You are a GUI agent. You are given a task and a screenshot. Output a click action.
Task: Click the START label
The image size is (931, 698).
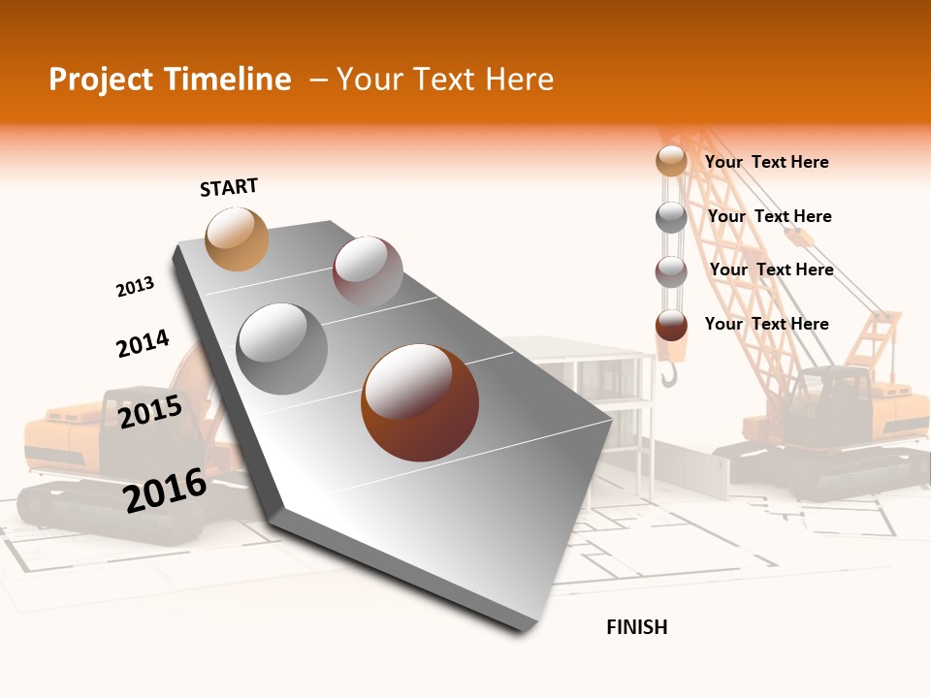pos(229,187)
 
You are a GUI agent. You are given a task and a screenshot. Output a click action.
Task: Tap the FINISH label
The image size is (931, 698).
pos(636,627)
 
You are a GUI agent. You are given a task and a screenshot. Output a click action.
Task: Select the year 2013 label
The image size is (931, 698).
pos(135,287)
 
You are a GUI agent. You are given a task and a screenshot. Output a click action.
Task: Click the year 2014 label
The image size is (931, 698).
pos(143,343)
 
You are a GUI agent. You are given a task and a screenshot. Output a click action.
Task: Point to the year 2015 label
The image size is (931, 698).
pos(149,412)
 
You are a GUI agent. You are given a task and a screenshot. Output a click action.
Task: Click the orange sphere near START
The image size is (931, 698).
pos(237,238)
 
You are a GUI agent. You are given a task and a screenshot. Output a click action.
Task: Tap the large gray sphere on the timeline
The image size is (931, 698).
pos(282,348)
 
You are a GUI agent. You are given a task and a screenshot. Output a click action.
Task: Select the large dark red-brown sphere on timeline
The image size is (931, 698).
pos(419,402)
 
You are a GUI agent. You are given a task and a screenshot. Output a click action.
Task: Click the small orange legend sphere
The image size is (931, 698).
pos(671,161)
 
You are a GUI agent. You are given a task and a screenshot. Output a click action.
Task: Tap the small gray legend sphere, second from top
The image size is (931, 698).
pos(671,217)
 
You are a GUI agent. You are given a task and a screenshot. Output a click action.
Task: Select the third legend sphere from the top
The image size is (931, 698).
pos(671,271)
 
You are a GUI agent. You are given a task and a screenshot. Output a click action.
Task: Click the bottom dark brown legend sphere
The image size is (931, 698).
pos(671,325)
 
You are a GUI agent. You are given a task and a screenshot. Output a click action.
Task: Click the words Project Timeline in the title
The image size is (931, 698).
pos(170,79)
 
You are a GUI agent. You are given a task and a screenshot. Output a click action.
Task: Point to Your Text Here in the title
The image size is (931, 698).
pos(444,79)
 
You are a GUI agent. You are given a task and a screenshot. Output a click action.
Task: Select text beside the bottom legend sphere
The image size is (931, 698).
pos(766,324)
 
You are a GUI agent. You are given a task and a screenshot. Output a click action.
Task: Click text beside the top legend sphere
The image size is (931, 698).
pos(766,162)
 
